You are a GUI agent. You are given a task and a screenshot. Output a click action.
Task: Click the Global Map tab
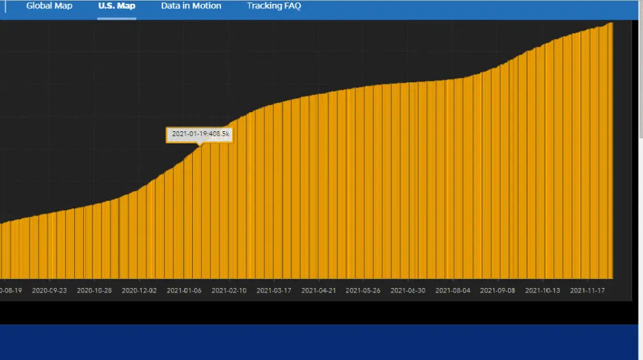49,6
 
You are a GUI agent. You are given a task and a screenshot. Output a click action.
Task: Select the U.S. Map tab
117,6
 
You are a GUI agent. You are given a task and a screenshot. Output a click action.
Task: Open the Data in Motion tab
191,6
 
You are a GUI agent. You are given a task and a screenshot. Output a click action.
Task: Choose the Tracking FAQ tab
274,6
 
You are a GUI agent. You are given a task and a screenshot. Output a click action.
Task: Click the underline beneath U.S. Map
117,18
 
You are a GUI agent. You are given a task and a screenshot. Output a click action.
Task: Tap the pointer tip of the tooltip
200,145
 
